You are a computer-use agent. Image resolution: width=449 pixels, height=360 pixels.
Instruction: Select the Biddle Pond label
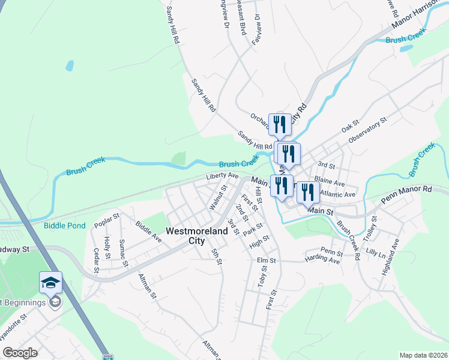coord(65,226)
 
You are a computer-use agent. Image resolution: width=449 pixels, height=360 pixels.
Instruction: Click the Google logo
coord(20,353)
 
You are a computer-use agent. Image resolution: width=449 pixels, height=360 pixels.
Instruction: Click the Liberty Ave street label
coord(222,176)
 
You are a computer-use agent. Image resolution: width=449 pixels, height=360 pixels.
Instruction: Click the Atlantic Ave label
coord(338,194)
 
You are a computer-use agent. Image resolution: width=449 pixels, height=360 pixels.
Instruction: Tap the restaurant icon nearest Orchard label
coord(280,125)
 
